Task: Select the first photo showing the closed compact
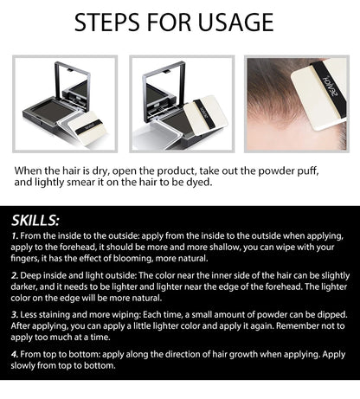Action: click(65, 103)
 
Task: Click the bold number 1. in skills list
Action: click(16, 235)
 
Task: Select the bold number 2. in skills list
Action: click(16, 275)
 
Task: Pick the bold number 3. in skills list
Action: click(16, 315)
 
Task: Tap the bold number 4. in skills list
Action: click(16, 355)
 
